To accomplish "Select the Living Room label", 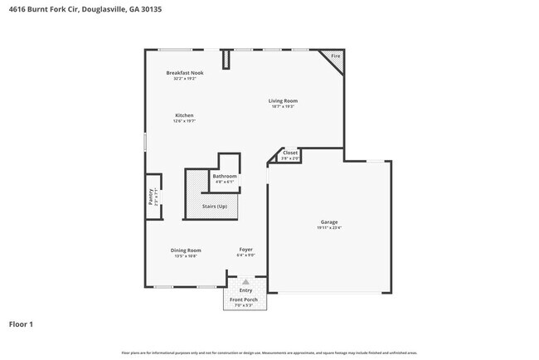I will [283, 101].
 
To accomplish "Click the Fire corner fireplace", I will [336, 56].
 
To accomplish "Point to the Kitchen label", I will [184, 115].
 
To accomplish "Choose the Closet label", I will [290, 153].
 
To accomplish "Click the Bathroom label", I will [225, 176].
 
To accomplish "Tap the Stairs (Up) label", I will [214, 206].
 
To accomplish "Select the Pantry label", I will [151, 197].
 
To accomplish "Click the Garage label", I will [329, 221].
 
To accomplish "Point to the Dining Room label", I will [186, 250].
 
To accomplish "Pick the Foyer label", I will [246, 250].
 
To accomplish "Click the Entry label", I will [245, 290].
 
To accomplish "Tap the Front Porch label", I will [245, 299].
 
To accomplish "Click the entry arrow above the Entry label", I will [245, 282].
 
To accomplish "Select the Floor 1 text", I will [22, 324].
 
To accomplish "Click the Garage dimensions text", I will [329, 227].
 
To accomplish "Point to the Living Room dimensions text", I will [283, 107].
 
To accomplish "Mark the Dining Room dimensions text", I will [186, 256].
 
